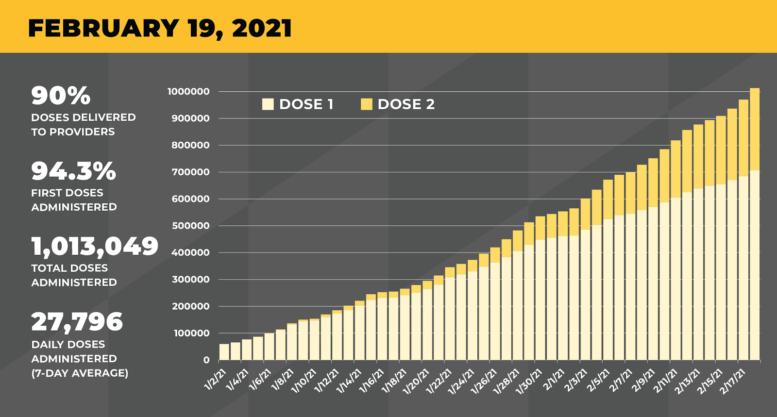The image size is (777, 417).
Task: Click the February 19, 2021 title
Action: (160, 28)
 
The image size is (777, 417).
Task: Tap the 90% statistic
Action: (61, 96)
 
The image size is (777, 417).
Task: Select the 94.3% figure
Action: (74, 171)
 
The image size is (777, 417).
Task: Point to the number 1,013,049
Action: (95, 247)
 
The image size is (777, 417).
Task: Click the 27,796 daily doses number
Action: (77, 322)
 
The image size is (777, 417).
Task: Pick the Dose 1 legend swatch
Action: (268, 104)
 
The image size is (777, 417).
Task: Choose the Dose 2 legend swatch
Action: (366, 104)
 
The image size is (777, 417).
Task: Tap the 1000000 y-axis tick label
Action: (188, 92)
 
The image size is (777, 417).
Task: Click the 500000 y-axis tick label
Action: (190, 226)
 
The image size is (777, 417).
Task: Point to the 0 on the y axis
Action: (206, 360)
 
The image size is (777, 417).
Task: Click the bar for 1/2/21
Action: (224, 352)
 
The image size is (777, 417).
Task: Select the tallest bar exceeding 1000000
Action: (755, 223)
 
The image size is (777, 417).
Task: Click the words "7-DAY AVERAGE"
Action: (80, 373)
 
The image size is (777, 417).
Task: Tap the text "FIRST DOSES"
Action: (67, 193)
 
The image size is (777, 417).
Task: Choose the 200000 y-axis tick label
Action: (190, 306)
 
